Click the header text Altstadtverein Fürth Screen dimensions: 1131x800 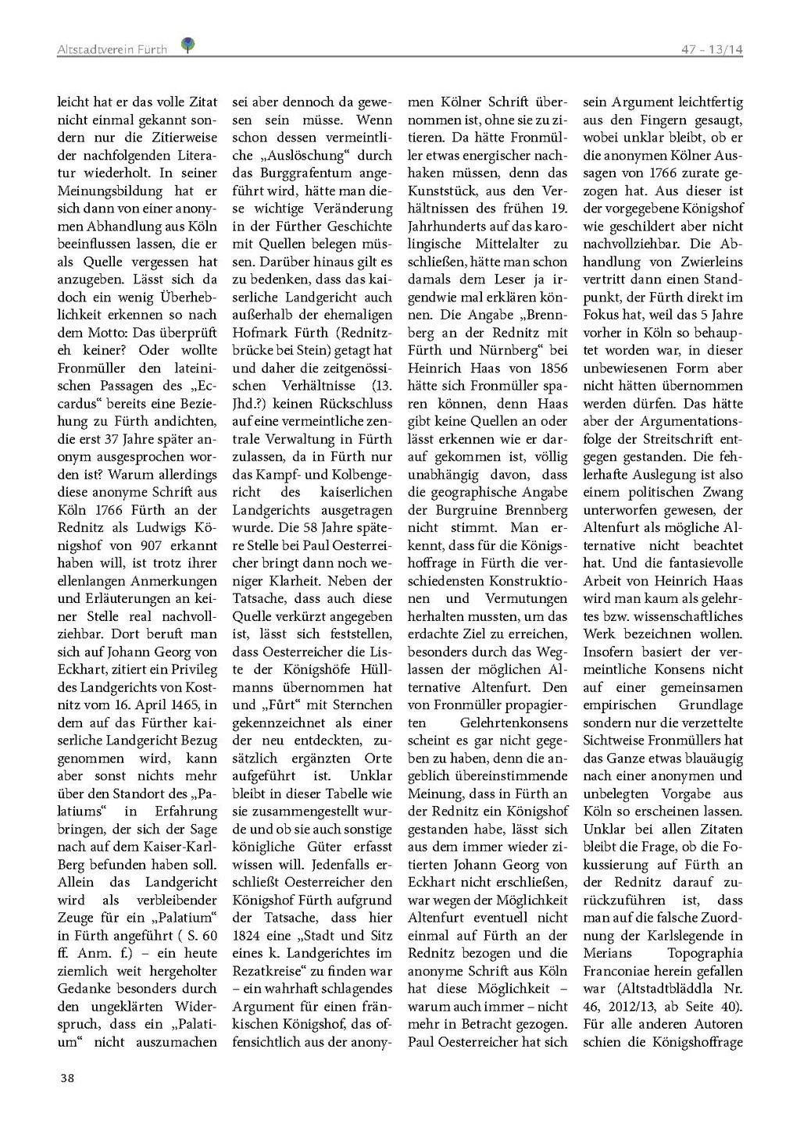112,49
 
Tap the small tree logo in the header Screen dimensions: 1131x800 187,45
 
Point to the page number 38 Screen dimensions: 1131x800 67,1078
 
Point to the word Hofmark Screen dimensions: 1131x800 258,333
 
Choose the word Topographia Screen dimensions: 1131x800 705,954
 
